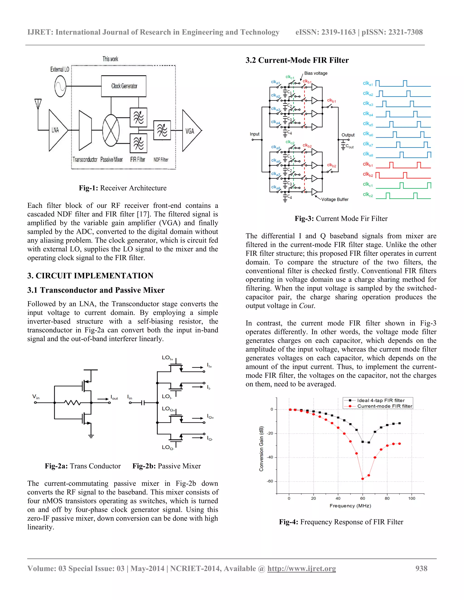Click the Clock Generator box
(124, 86)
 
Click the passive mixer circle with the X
(111, 130)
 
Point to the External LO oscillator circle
(60, 86)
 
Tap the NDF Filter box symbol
(162, 130)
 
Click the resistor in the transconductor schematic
(72, 403)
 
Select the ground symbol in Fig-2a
(91, 436)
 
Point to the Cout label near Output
(350, 146)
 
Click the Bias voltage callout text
(316, 73)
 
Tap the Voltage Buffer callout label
(335, 199)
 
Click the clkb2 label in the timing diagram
(368, 174)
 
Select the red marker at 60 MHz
(362, 479)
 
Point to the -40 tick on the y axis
(270, 457)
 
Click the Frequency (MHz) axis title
(350, 506)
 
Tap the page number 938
(421, 568)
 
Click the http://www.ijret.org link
(302, 568)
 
